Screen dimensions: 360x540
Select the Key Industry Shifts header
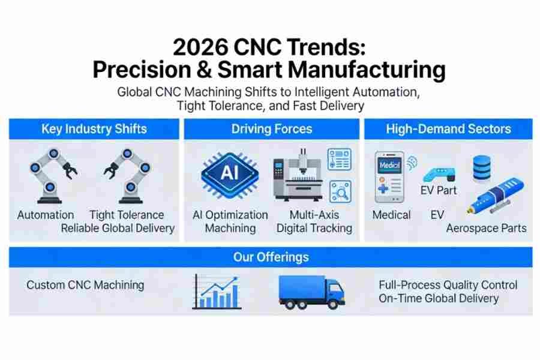click(x=94, y=129)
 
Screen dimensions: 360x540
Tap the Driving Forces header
click(x=271, y=129)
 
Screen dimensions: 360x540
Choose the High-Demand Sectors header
click(x=448, y=129)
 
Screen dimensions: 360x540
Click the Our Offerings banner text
click(x=271, y=257)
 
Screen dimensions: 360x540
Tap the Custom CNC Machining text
click(x=85, y=284)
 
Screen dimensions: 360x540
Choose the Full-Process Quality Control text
click(x=448, y=285)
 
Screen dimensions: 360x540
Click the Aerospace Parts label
click(x=486, y=228)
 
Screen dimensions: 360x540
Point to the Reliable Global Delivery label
click(x=118, y=228)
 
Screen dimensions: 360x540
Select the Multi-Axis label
click(x=314, y=214)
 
